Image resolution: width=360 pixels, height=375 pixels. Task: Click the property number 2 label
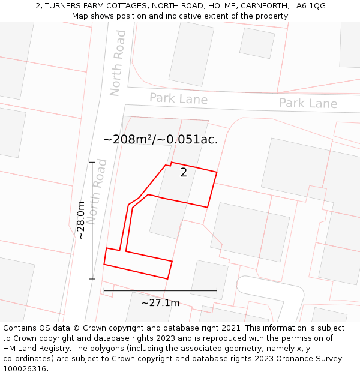click(x=184, y=173)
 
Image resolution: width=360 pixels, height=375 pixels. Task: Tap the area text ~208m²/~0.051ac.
click(x=160, y=139)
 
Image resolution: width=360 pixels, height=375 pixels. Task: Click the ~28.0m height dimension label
click(x=80, y=220)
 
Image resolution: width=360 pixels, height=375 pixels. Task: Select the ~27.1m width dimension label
click(x=160, y=303)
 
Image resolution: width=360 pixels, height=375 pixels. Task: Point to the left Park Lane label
click(x=178, y=98)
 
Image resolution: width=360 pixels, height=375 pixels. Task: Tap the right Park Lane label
click(x=308, y=103)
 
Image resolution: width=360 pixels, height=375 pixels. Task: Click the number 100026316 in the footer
click(x=25, y=369)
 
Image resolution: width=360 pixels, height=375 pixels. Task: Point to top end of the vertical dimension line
click(x=92, y=162)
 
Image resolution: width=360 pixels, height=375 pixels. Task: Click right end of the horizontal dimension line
click(x=217, y=291)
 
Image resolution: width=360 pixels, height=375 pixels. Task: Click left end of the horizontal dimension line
click(x=104, y=291)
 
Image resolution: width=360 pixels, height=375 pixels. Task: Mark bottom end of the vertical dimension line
click(x=92, y=279)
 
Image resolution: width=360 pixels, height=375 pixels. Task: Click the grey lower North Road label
click(x=97, y=192)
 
